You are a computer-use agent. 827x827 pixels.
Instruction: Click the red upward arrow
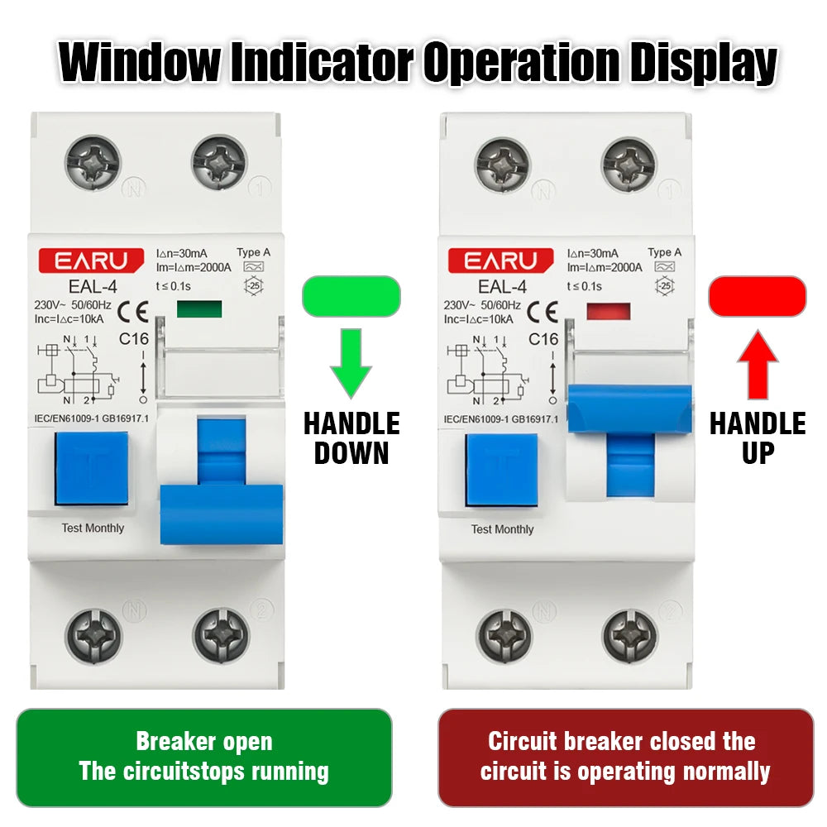757,366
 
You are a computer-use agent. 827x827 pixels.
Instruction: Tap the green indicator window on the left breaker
199,310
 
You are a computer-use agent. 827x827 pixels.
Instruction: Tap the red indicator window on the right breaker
608,312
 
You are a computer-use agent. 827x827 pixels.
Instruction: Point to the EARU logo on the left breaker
92,261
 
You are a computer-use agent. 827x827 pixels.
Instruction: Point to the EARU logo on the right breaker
501,261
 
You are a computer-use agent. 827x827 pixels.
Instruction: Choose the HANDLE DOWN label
351,438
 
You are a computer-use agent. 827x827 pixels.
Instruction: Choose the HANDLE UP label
758,438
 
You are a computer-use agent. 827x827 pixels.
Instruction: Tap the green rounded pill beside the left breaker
351,296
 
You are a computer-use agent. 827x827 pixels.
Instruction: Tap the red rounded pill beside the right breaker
757,296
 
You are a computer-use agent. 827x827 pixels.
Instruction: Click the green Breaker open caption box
203,757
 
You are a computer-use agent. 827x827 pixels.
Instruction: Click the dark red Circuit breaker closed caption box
625,757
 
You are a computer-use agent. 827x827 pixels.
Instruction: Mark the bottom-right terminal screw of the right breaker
630,635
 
